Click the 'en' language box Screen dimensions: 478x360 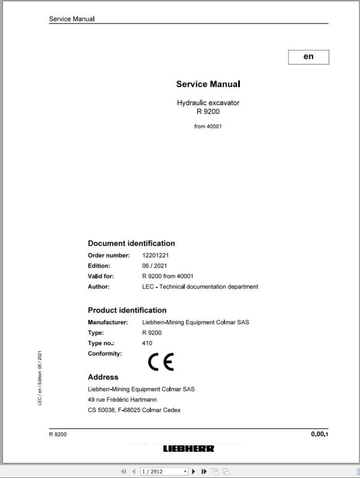308,56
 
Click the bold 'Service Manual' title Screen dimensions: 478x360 208,85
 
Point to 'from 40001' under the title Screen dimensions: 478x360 208,127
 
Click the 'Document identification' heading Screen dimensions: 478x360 131,243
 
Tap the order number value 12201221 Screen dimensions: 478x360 155,255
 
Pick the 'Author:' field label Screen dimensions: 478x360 98,287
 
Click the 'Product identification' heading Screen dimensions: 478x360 127,310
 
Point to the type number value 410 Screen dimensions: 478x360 147,343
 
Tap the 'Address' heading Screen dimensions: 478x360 103,377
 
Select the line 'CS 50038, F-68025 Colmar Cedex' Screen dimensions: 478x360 134,410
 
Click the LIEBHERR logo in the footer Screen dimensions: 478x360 188,449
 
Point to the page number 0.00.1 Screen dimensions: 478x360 320,434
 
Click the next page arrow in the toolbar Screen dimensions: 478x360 196,471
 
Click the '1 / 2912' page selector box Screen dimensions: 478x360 163,471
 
